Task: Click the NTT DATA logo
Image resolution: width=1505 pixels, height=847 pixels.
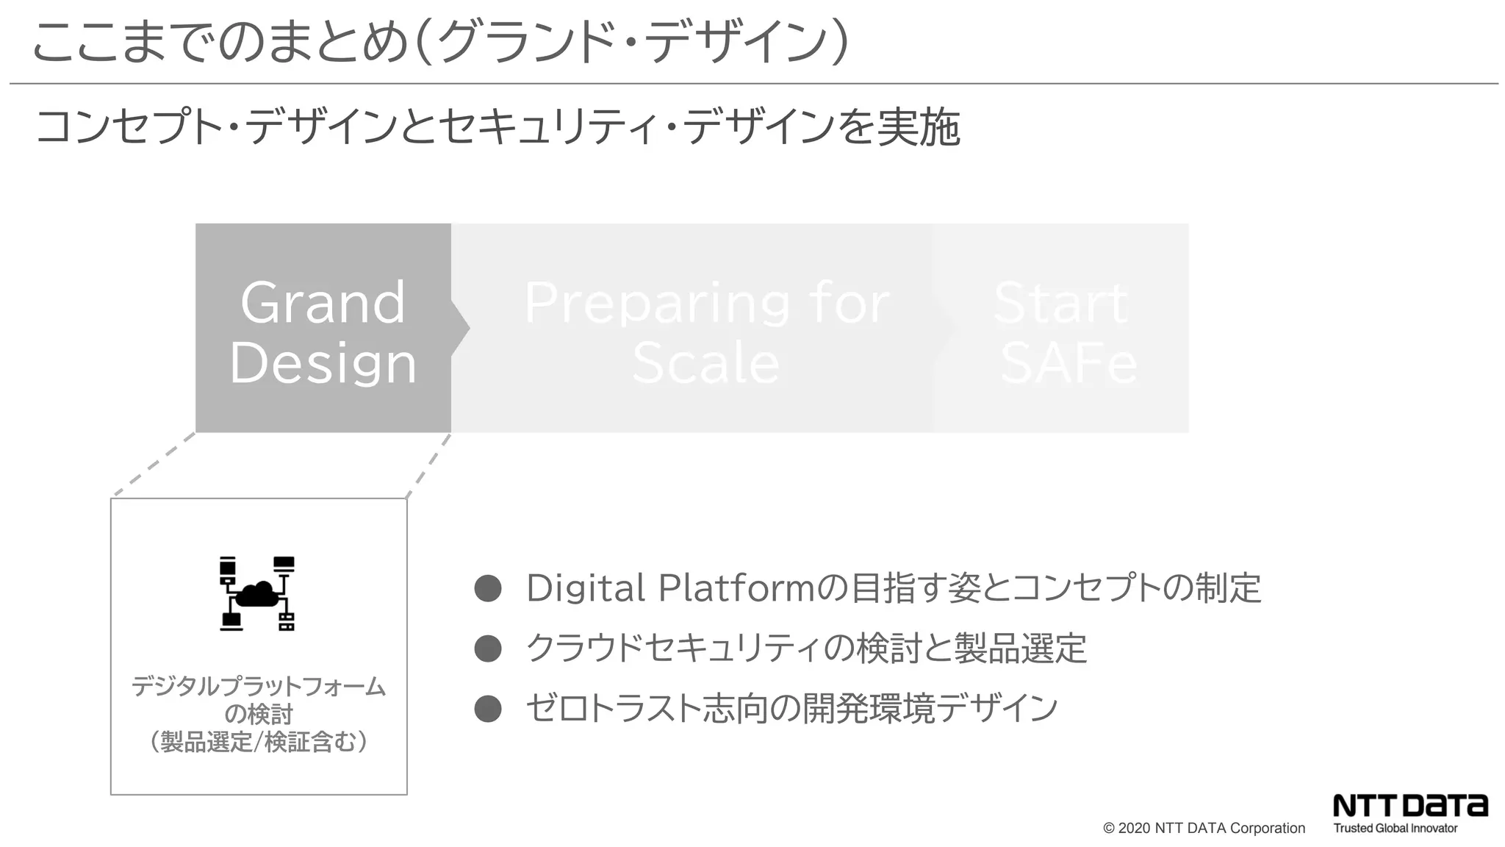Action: tap(1410, 805)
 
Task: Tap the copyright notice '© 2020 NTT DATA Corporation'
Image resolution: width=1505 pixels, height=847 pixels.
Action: tap(1204, 828)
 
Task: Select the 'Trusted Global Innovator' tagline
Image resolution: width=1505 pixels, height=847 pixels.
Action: tap(1395, 829)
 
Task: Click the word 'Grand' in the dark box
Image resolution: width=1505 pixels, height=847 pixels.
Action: tap(323, 302)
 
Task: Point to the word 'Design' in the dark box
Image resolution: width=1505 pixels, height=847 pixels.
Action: tap(323, 362)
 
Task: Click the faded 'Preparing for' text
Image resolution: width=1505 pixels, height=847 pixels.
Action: tap(706, 302)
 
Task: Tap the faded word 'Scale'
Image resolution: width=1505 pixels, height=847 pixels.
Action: tap(705, 363)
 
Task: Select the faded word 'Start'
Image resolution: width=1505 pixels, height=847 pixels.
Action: tap(1060, 302)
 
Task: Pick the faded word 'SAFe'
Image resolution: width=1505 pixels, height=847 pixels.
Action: tap(1068, 363)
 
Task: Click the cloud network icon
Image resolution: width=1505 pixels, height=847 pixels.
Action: tap(257, 593)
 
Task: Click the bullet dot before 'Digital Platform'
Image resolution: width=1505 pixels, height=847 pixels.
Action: tap(488, 588)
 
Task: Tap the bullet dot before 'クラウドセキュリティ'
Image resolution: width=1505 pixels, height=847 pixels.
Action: tap(488, 648)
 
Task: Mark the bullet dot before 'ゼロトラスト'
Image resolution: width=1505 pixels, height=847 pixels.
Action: tap(488, 709)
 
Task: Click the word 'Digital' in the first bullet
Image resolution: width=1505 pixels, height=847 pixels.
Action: tap(586, 588)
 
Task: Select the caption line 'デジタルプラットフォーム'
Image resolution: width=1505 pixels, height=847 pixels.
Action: tap(259, 687)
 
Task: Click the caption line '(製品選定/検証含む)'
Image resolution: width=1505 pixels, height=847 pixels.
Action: tap(259, 742)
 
